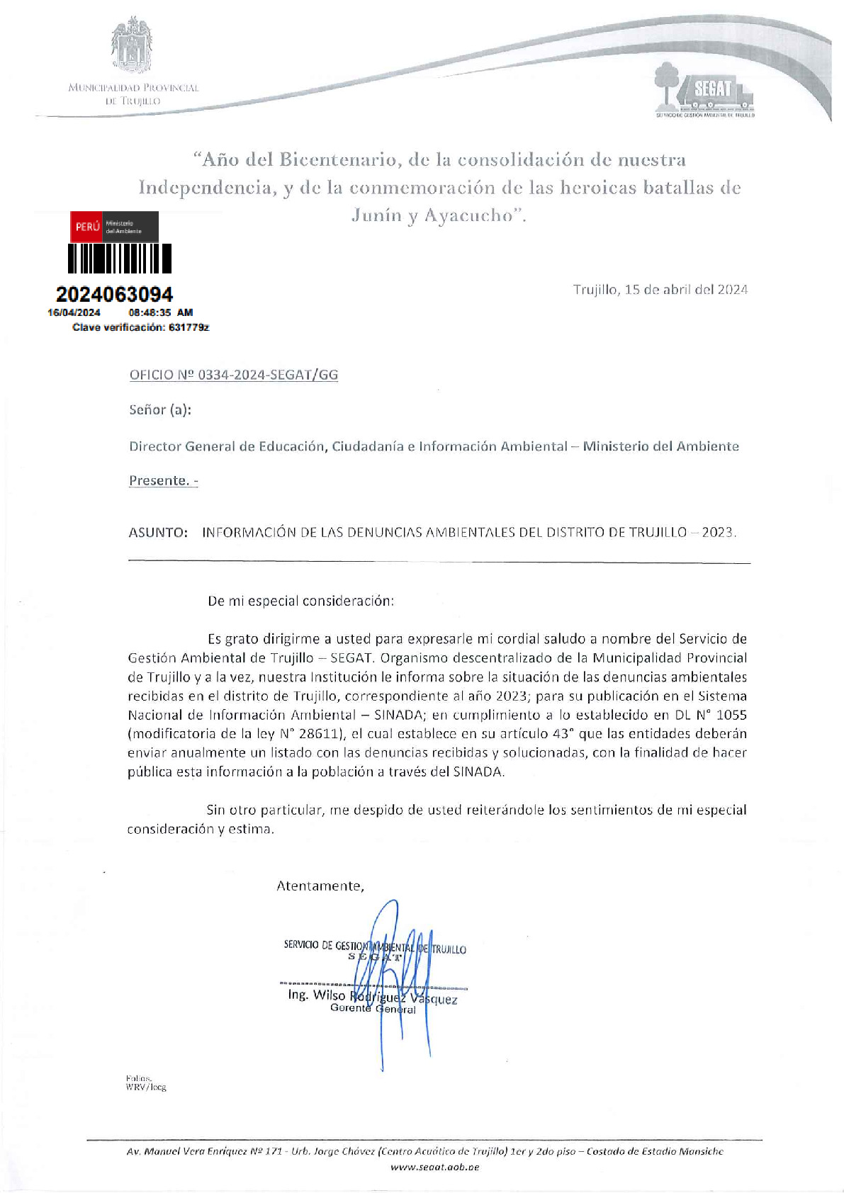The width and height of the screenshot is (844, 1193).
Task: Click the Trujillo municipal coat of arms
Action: (x=132, y=47)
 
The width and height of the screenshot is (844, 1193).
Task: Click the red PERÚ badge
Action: (x=87, y=227)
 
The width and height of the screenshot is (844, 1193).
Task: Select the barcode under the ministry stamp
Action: (x=120, y=259)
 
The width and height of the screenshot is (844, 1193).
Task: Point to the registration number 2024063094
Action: (x=114, y=294)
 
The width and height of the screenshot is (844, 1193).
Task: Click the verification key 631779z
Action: (x=189, y=327)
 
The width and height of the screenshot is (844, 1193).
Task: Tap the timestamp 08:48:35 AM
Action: (x=160, y=312)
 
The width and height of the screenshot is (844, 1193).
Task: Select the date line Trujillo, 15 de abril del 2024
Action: (x=660, y=289)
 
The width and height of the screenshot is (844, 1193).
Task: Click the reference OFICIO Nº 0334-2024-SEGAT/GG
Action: (x=233, y=375)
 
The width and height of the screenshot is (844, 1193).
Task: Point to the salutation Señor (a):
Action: (x=160, y=409)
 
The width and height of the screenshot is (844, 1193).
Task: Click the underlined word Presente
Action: (x=159, y=480)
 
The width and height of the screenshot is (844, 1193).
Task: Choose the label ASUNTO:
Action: (x=158, y=532)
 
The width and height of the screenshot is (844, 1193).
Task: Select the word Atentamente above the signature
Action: (x=320, y=886)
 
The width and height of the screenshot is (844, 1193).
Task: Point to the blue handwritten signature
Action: (x=397, y=978)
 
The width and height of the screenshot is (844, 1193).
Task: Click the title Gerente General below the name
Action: (x=373, y=1008)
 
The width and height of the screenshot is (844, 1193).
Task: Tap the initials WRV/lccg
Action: (x=146, y=1086)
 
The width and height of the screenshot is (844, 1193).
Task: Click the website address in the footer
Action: (x=434, y=1167)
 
